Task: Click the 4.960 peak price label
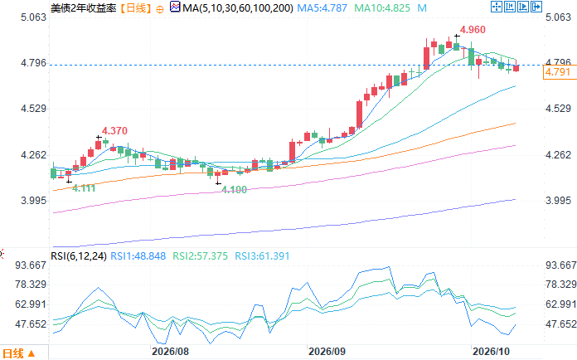tap(473, 30)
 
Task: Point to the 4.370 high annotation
tap(114, 131)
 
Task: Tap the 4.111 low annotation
tap(84, 188)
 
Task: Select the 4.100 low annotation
tap(234, 190)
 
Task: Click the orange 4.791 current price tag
tap(558, 72)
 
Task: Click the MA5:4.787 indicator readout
tap(322, 7)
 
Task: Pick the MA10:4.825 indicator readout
tap(382, 7)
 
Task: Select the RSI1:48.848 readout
tap(138, 255)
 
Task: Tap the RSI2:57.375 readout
tap(200, 255)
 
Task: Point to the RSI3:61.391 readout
tap(262, 255)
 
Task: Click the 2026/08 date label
tap(170, 352)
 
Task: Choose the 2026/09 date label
tap(327, 352)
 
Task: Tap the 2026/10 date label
tap(492, 352)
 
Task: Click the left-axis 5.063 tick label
tap(33, 17)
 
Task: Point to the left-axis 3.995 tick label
tap(33, 200)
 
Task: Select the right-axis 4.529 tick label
tap(558, 109)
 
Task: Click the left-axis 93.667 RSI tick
tap(31, 265)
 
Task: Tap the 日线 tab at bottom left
tap(18, 353)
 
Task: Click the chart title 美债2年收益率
tap(84, 7)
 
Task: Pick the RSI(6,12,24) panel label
tap(79, 255)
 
